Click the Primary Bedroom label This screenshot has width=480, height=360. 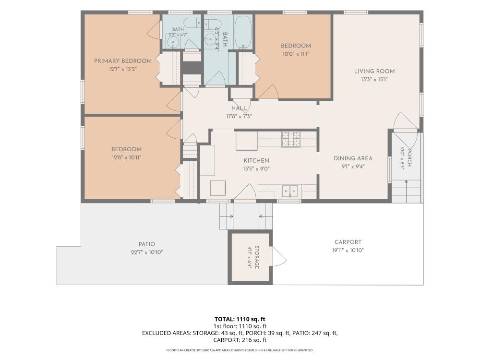click(x=123, y=61)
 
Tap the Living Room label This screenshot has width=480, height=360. click(x=374, y=72)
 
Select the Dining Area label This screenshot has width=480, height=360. click(x=353, y=158)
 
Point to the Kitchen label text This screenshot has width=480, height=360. click(x=256, y=161)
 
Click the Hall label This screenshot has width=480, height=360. click(x=239, y=108)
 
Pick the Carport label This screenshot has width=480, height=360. click(x=348, y=242)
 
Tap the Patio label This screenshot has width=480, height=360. click(x=146, y=244)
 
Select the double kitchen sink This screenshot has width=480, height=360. click(x=289, y=192)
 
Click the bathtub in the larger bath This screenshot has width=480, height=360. click(x=243, y=32)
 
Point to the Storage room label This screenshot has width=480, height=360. click(x=256, y=257)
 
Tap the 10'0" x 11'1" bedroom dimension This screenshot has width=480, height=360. click(x=296, y=54)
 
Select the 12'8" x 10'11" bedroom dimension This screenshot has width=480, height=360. click(x=126, y=157)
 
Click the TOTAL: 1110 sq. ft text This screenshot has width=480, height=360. click(x=240, y=319)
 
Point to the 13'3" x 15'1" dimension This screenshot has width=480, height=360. click(x=374, y=80)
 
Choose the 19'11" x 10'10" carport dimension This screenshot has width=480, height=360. click(x=348, y=250)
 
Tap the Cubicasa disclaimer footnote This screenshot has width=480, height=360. click(x=240, y=350)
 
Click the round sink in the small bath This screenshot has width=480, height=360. click(x=174, y=42)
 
